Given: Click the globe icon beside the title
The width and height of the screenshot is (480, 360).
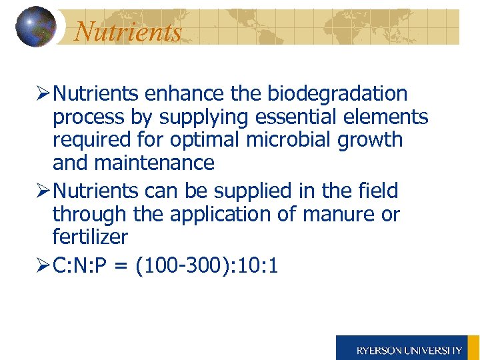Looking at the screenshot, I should [x=35, y=27].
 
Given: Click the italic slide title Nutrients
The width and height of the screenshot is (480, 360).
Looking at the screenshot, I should [x=127, y=31].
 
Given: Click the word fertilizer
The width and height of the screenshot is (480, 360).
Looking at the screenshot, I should [x=90, y=237].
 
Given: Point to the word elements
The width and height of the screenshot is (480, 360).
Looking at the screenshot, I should [x=389, y=117].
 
